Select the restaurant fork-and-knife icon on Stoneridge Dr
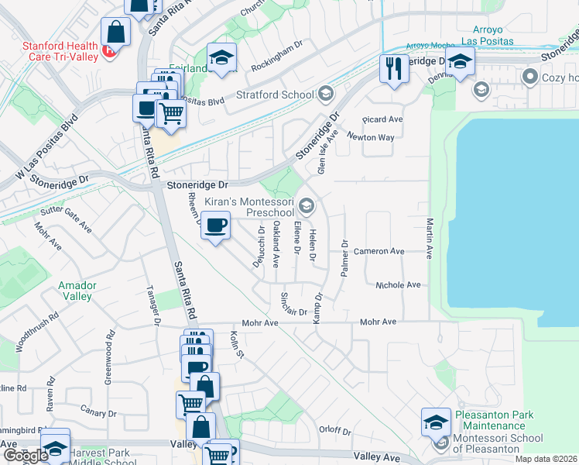(x=394, y=69)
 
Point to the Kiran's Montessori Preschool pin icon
(x=307, y=205)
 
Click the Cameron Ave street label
(x=379, y=252)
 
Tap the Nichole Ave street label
(x=397, y=285)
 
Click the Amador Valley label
(x=77, y=291)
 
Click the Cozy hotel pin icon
(x=531, y=77)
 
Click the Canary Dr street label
(x=98, y=413)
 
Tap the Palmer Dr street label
(x=345, y=259)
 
